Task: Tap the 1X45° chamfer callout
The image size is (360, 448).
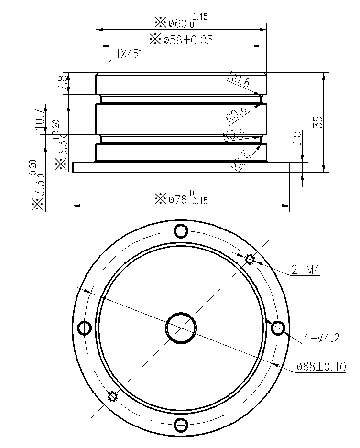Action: coord(128,55)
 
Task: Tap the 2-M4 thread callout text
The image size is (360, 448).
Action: coord(305,271)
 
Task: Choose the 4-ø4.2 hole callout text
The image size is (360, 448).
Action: coord(321,339)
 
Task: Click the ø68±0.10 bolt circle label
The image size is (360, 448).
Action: coord(321,367)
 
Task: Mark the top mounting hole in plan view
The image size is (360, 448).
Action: coord(181,231)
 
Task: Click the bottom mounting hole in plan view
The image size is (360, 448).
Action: coord(181,425)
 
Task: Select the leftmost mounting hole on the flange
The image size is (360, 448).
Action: coord(84,328)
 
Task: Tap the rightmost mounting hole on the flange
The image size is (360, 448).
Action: coord(278,328)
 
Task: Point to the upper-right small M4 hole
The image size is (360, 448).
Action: coord(250,260)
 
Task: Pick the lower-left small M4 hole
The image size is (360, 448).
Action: coord(112,396)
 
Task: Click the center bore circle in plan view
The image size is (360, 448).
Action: coord(181,328)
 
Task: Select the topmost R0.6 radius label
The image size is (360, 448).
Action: coord(239,80)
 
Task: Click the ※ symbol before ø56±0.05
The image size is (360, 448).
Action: coord(155,39)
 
